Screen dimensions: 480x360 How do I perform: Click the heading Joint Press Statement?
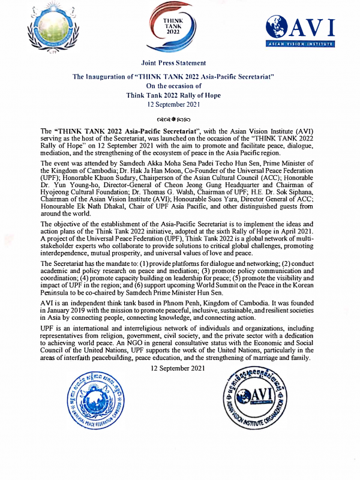click(x=173, y=63)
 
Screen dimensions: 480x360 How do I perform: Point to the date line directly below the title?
click(x=173, y=104)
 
